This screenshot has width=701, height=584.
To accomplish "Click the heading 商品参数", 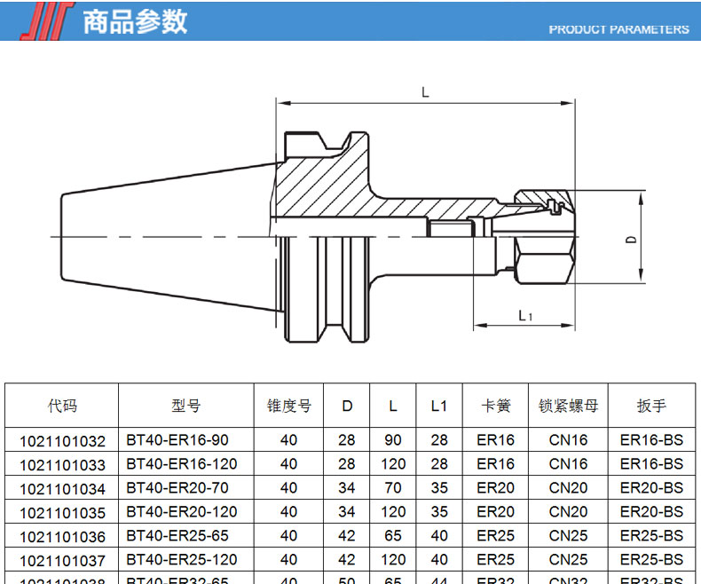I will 135,21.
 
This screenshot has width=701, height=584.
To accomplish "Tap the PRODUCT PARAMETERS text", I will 618,29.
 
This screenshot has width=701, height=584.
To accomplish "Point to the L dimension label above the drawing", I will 426,92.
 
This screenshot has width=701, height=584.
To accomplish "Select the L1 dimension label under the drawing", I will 524,315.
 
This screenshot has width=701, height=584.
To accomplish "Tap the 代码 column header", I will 62,406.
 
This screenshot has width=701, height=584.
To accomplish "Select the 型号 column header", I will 186,406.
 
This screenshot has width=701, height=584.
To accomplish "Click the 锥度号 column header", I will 289,406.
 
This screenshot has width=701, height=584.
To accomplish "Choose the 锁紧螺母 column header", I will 569,406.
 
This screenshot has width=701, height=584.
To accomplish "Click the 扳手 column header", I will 651,406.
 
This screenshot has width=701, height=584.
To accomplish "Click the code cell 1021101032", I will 62,440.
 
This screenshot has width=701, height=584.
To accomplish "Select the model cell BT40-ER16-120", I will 182,463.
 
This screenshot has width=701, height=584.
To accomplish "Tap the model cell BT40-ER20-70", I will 177,488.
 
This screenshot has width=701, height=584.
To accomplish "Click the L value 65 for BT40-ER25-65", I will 393,536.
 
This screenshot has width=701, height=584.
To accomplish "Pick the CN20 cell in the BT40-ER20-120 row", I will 569,512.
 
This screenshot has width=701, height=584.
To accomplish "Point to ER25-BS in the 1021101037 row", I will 651,560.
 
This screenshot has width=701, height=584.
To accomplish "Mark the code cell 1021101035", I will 62,512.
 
